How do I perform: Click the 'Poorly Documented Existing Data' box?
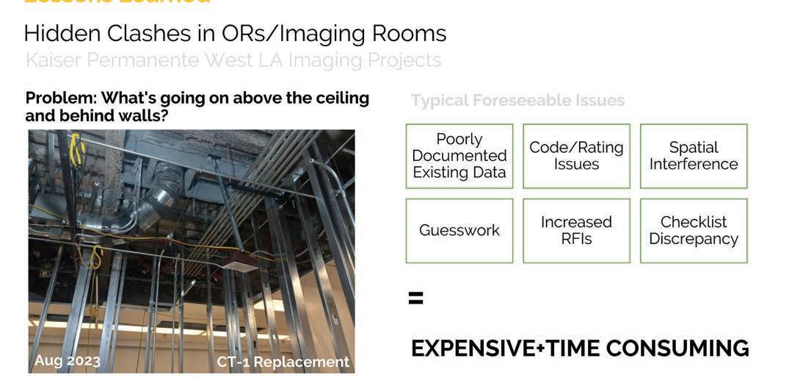point(459,156)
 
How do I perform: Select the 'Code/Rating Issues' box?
point(576,156)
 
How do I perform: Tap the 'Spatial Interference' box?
point(694,156)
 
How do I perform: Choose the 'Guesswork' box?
point(459,231)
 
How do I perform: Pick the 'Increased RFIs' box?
point(576,231)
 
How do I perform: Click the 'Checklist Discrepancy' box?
point(694,231)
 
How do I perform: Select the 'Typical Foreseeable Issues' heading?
point(517,101)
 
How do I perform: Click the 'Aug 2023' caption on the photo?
point(67,361)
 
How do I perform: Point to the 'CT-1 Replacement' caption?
point(283,362)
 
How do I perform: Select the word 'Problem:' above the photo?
point(60,99)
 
